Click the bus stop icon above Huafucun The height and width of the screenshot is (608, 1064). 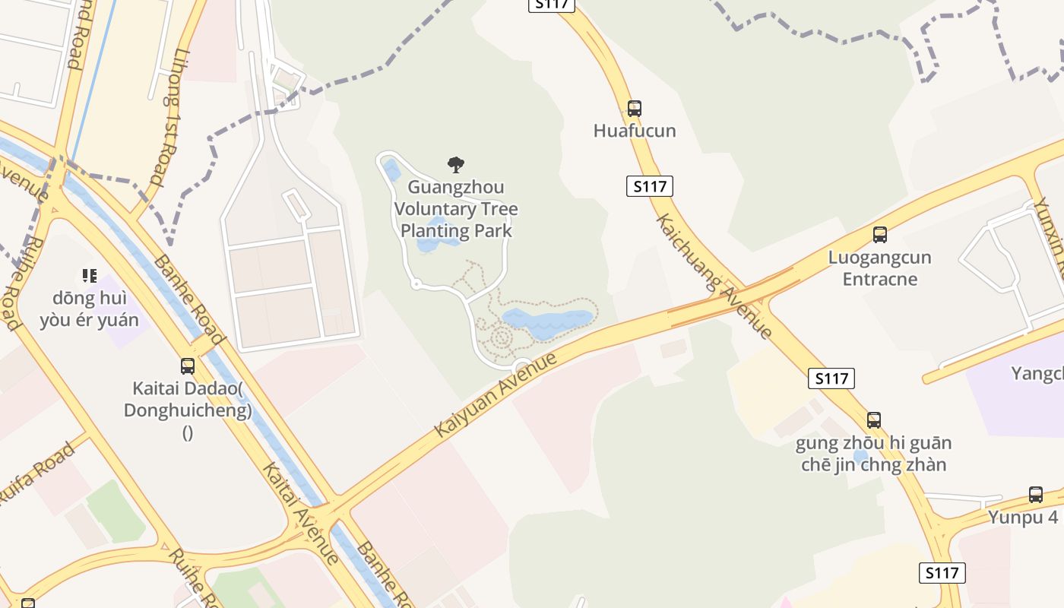[634, 109]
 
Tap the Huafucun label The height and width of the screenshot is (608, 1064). [634, 131]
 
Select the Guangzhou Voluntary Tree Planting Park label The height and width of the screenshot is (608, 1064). [456, 209]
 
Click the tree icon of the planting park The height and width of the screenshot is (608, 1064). [456, 164]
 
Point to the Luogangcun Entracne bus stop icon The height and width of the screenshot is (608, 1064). [879, 235]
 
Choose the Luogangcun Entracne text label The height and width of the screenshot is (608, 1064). [879, 268]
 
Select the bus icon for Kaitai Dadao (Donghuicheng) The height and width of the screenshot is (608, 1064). [188, 366]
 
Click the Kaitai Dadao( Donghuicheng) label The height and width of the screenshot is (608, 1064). [188, 401]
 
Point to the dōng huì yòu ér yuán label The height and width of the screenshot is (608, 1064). [90, 308]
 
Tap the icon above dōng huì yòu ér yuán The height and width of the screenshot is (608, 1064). [90, 275]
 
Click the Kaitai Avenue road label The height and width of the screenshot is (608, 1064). [301, 513]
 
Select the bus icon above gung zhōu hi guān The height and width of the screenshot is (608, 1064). [874, 420]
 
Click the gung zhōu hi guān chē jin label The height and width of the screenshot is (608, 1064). [873, 454]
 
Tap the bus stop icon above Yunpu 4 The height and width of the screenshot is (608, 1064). [1035, 495]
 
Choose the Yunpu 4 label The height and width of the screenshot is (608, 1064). [1022, 518]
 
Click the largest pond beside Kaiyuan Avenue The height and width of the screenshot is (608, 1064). [547, 322]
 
